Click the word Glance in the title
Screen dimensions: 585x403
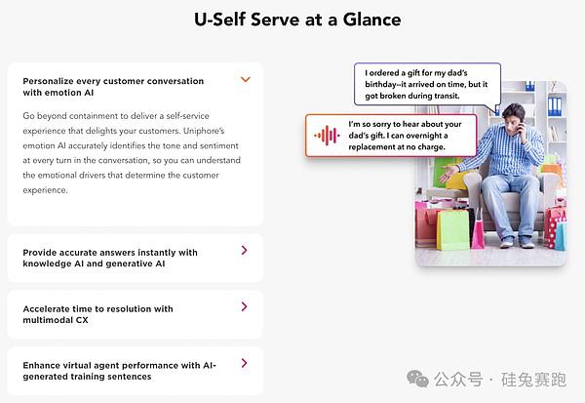[372, 20]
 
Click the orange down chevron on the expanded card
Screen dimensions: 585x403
[245, 80]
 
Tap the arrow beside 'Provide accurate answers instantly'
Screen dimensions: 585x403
[245, 250]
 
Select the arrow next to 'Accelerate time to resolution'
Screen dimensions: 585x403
[245, 306]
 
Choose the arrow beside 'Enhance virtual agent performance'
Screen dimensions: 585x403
[245, 363]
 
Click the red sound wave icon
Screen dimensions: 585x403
[327, 136]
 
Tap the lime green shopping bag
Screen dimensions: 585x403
[452, 229]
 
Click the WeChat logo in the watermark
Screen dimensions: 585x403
[418, 379]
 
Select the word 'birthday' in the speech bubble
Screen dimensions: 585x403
[380, 85]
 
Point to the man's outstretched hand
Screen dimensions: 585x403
[448, 173]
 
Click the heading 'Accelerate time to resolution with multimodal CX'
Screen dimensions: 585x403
[97, 314]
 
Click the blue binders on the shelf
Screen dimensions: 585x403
[555, 106]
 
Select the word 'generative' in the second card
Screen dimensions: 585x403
[127, 263]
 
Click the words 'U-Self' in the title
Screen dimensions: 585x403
[219, 20]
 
